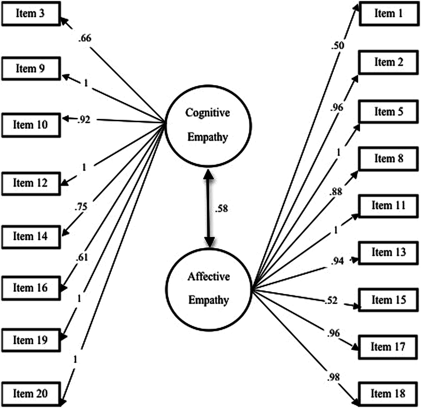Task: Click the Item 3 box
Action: pos(31,14)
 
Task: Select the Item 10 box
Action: pos(31,124)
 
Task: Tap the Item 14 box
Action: pos(31,236)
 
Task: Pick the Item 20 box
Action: pos(31,394)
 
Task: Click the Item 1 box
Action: pos(388,14)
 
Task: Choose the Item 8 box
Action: pos(388,158)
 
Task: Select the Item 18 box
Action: pos(388,394)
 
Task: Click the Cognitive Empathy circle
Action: pos(208,124)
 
